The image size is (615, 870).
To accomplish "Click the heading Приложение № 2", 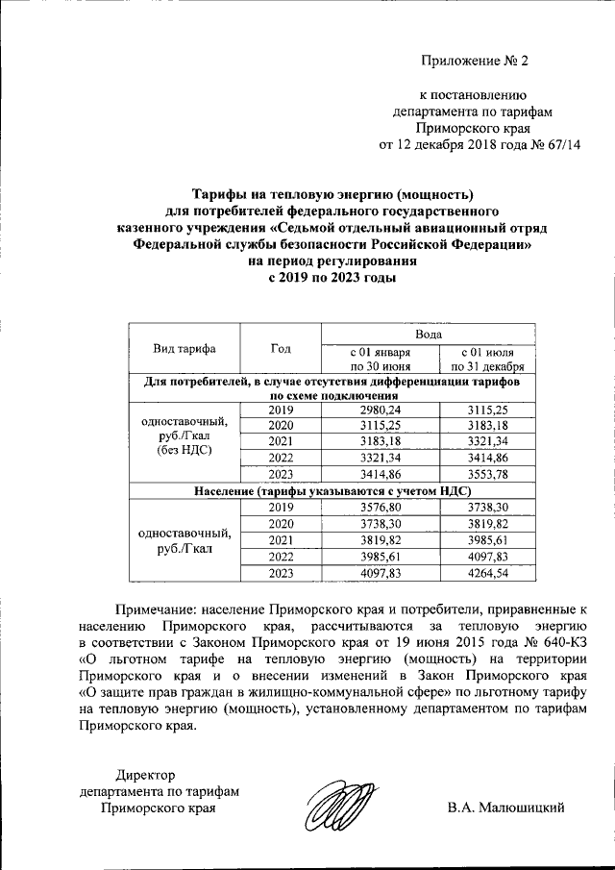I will pyautogui.click(x=476, y=62).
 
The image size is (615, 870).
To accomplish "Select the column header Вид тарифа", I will pyautogui.click(x=184, y=349).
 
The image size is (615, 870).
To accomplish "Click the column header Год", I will pyautogui.click(x=281, y=349).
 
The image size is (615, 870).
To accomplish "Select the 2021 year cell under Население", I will pyautogui.click(x=281, y=540).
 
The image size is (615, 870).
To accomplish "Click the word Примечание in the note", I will pyautogui.click(x=156, y=609).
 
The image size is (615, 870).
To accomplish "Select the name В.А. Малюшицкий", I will pyautogui.click(x=504, y=808).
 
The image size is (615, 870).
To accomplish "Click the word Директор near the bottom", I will pyautogui.click(x=146, y=775).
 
